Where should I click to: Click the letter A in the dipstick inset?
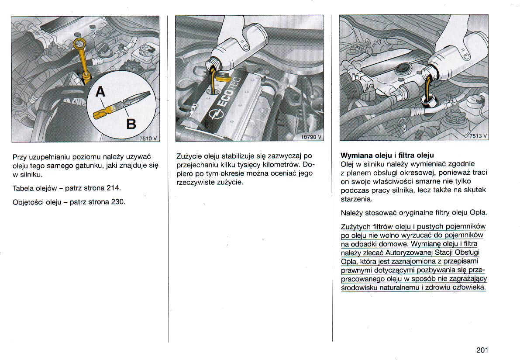click(100, 93)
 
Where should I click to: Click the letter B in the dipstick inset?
click(131, 124)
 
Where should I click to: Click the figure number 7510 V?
click(148, 138)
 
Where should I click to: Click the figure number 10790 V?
click(311, 137)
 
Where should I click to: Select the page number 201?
click(482, 350)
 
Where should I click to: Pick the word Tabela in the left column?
click(23, 188)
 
